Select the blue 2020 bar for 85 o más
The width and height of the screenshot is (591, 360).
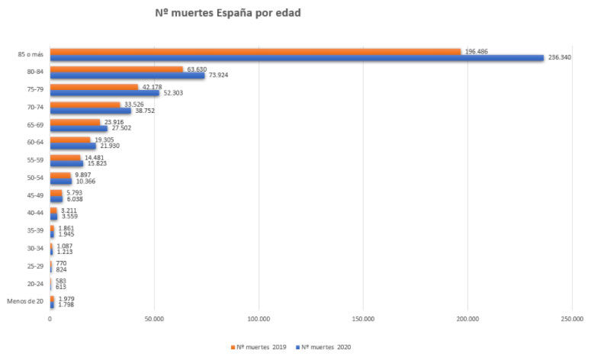(x=297, y=57)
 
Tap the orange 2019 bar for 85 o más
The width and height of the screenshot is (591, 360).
(x=255, y=51)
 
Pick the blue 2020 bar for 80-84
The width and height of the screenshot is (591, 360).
(x=127, y=76)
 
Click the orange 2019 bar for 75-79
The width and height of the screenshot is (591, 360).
(x=94, y=87)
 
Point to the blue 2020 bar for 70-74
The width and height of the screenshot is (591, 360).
(x=91, y=111)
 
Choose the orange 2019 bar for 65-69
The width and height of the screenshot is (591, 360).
(x=75, y=122)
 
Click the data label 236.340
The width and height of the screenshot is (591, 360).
(x=560, y=57)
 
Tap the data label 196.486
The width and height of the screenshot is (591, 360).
(x=477, y=51)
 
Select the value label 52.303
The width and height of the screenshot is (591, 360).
(x=173, y=93)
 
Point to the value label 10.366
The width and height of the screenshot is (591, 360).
(x=85, y=182)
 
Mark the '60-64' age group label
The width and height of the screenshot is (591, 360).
(x=35, y=141)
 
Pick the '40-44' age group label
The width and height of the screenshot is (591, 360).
(x=35, y=213)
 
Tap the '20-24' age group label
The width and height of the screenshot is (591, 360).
(x=35, y=284)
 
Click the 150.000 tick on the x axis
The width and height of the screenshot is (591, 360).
(x=363, y=319)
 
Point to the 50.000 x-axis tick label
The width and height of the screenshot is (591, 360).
(x=154, y=319)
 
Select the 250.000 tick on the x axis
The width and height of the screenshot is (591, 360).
(x=571, y=319)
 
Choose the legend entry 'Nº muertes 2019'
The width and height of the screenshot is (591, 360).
(x=259, y=347)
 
